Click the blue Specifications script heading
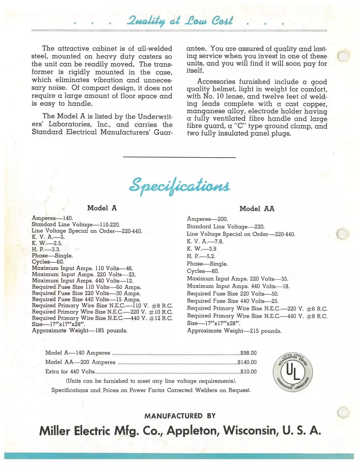click(179, 186)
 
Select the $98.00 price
click(248, 353)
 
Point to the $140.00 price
click(247, 362)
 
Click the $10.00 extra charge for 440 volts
click(248, 372)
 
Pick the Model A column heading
click(102, 208)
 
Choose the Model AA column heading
click(257, 209)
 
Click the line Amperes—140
click(52, 218)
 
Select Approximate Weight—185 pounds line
click(80, 331)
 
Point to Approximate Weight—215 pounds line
click(234, 331)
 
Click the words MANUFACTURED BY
click(180, 416)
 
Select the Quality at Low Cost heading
click(179, 21)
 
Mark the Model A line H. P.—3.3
click(46, 250)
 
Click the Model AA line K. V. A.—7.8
click(205, 242)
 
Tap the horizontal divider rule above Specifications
click(180, 157)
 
